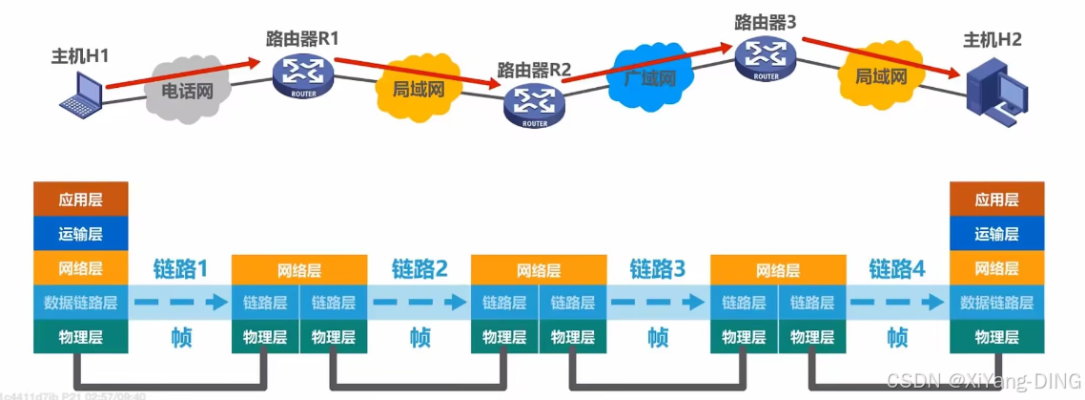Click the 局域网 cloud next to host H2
880,75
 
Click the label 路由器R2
534,70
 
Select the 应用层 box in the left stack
80,200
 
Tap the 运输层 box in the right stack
996,234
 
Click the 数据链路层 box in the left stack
80,303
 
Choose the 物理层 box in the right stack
996,337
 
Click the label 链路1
179,269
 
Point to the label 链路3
658,269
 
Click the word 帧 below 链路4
897,337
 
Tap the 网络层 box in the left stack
80,268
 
